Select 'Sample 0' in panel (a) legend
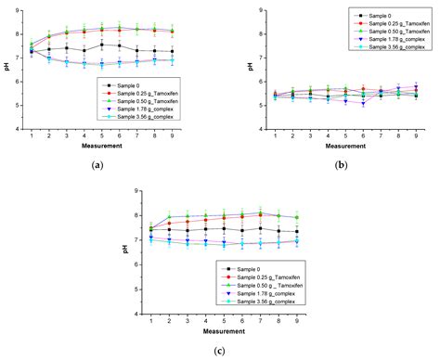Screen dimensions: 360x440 [132, 83]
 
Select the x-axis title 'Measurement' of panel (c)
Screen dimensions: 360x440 [216, 331]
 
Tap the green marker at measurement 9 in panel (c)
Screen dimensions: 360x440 [296, 217]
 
